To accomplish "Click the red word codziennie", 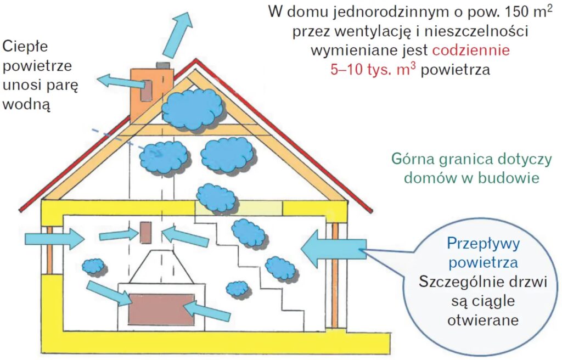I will pyautogui.click(x=471, y=50).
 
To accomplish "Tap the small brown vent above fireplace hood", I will pyautogui.click(x=145, y=233).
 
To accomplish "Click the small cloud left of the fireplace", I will pyautogui.click(x=93, y=266).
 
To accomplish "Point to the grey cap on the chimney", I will pyautogui.click(x=163, y=65).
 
